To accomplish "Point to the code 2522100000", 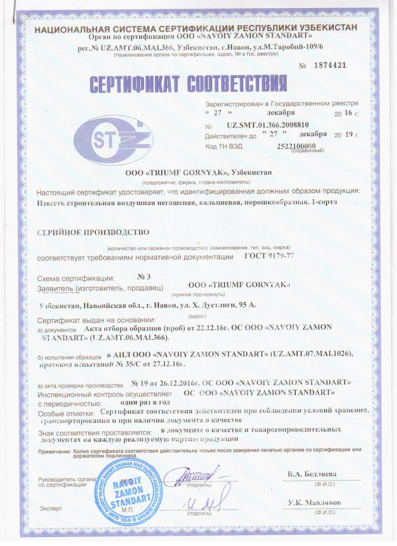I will (x=299, y=146).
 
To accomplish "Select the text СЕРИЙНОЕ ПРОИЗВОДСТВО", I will (x=93, y=232).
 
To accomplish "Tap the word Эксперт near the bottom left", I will (x=51, y=508).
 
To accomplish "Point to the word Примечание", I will (x=54, y=450).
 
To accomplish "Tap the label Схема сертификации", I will (x=76, y=278).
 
